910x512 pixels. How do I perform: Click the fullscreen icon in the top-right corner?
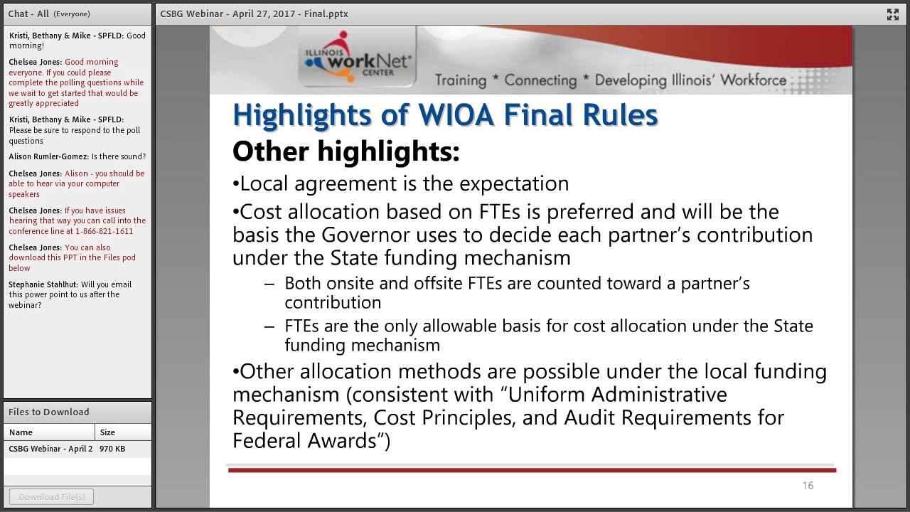[892, 14]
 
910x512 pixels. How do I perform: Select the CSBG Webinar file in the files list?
[50, 449]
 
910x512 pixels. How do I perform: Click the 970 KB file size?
[112, 449]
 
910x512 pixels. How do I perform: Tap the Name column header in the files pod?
[21, 432]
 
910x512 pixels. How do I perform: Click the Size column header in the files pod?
[107, 432]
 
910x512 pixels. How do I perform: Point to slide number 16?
[808, 486]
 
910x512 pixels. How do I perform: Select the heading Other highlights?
[346, 151]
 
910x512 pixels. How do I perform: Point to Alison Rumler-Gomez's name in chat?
[48, 156]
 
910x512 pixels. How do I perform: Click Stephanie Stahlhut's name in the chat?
[43, 284]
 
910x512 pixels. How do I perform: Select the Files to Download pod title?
[48, 412]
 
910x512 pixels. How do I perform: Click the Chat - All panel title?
[28, 14]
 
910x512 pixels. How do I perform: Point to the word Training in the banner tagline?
[460, 80]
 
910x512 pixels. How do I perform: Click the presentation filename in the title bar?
[254, 14]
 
